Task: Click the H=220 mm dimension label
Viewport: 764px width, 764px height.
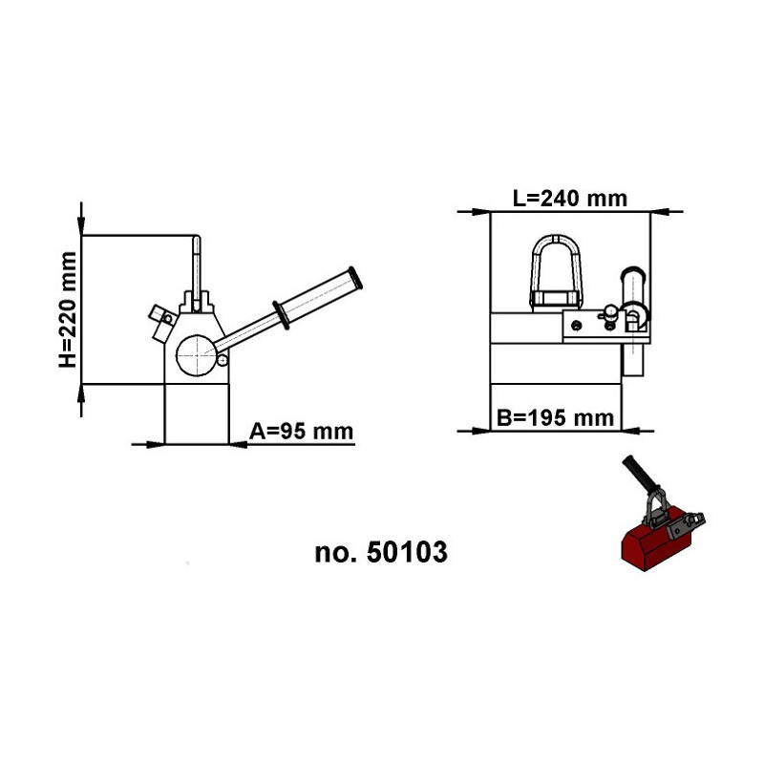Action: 68,309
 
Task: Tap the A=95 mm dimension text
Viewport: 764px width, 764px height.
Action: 301,432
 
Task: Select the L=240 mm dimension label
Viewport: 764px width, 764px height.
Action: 570,199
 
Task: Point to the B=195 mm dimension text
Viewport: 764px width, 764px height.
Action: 555,418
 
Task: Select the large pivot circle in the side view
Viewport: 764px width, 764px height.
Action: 197,355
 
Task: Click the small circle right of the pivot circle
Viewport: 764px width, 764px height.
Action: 223,361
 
